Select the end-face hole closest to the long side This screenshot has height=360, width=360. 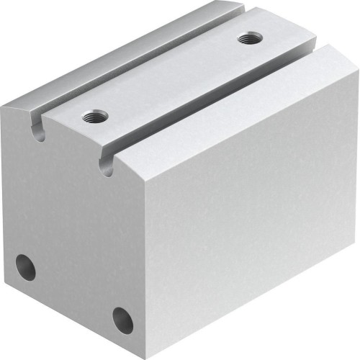tap(122, 320)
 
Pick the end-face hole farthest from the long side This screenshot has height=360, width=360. tap(26, 267)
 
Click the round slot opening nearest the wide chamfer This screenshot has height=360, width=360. tap(107, 168)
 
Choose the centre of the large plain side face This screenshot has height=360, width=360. tap(245, 216)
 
